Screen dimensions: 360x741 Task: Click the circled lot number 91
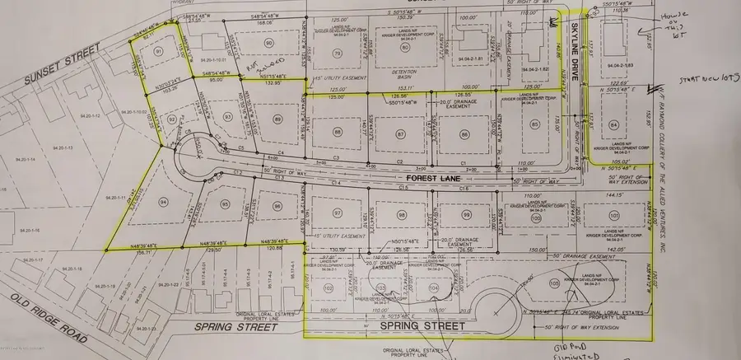[156, 52]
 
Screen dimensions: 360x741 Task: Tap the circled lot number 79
[337, 54]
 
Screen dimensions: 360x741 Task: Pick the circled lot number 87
[401, 133]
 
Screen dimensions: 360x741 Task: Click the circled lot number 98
[402, 214]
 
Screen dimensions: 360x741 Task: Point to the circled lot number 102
[328, 288]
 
